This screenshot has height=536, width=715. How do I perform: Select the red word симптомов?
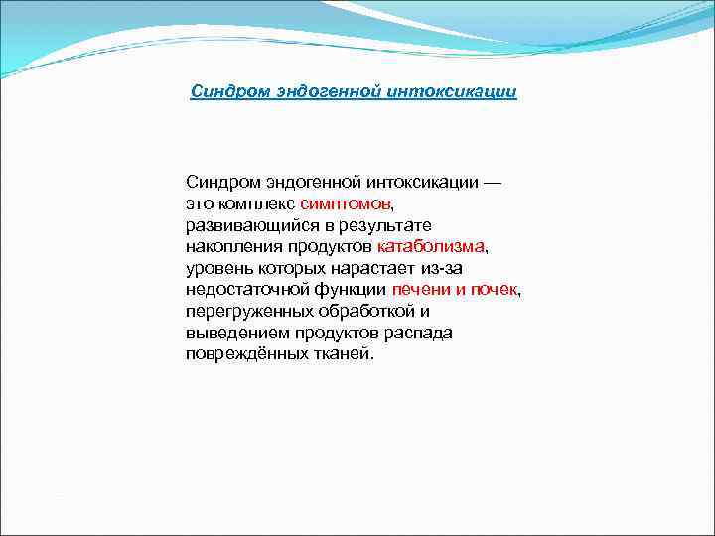pyautogui.click(x=346, y=203)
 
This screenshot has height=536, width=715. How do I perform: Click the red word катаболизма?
pyautogui.click(x=431, y=246)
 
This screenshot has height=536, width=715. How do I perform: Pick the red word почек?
pyautogui.click(x=495, y=290)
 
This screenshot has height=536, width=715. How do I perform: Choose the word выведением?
pyautogui.click(x=230, y=333)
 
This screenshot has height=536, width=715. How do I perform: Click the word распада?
pyautogui.click(x=421, y=333)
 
